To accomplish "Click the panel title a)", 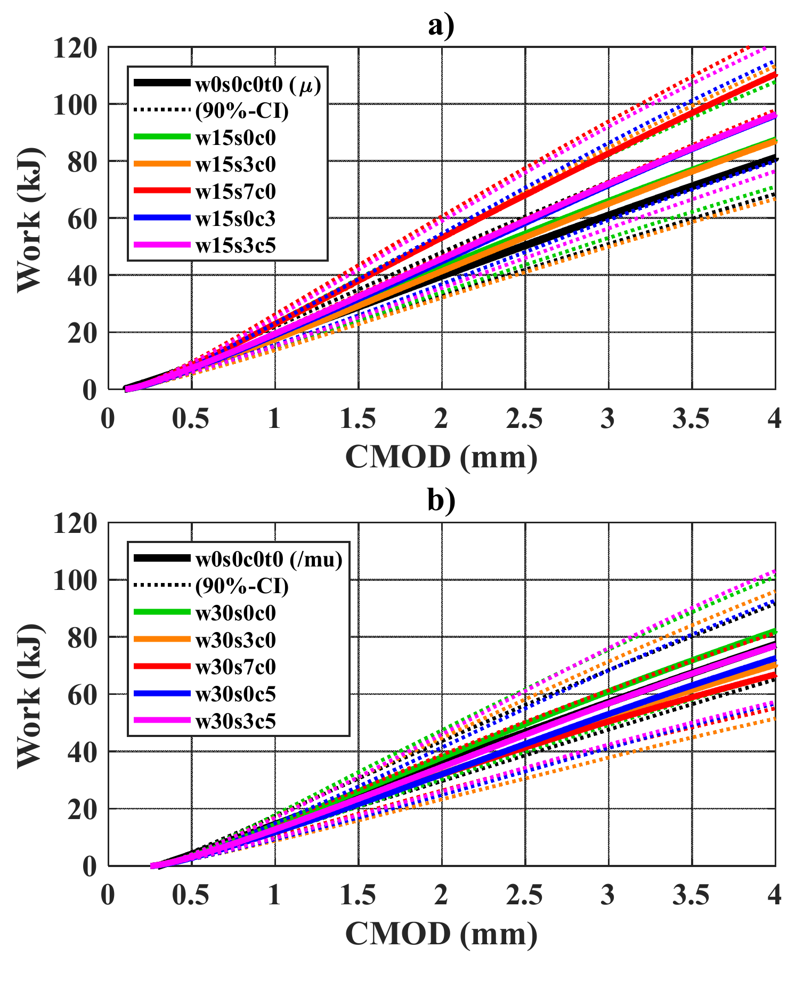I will [441, 26].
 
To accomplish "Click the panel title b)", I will [441, 500].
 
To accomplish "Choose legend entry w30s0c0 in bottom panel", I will [236, 613].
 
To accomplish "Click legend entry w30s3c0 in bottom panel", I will [236, 640].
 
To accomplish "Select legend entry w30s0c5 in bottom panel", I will [236, 694].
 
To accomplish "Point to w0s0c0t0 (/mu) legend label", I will [269, 559].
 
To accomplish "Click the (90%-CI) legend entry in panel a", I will [242, 111].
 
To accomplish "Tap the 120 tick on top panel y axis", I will [75, 48].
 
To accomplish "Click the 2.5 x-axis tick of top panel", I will [524, 419].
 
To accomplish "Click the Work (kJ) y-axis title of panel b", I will [29, 694].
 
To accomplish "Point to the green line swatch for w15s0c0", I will [161, 137].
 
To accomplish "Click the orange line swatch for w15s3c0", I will [161, 164].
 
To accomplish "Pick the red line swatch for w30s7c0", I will [161, 667].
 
